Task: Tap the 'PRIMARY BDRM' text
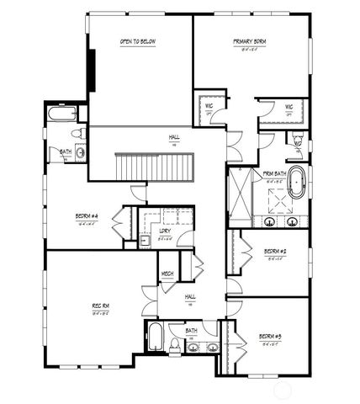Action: (250, 41)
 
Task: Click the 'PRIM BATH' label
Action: (274, 174)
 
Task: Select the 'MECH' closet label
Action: (167, 274)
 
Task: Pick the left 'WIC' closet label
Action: (208, 107)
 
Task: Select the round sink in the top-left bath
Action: (80, 151)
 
